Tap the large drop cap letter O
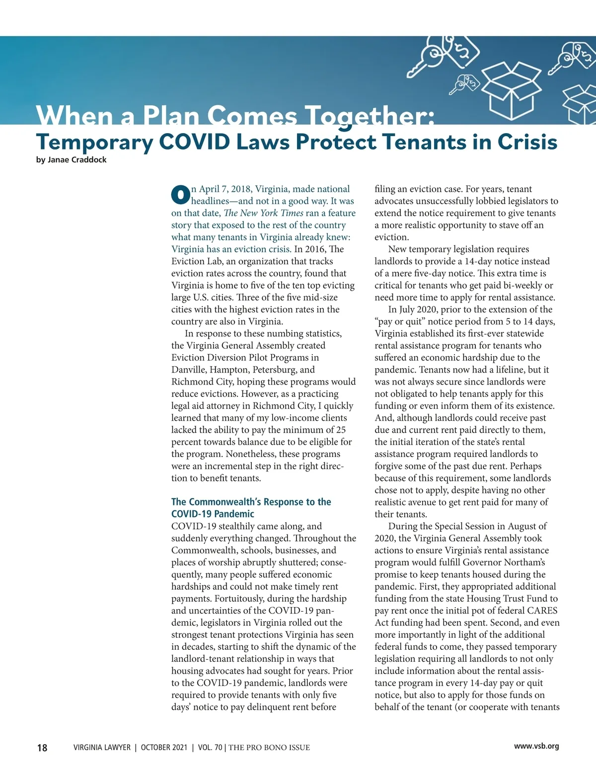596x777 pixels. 180,195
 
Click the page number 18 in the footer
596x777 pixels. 42,748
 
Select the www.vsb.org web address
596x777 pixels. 536,746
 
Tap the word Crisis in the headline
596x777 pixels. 527,142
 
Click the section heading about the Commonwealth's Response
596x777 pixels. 251,508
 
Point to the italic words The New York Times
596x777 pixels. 263,213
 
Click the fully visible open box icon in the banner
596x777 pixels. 511,89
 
